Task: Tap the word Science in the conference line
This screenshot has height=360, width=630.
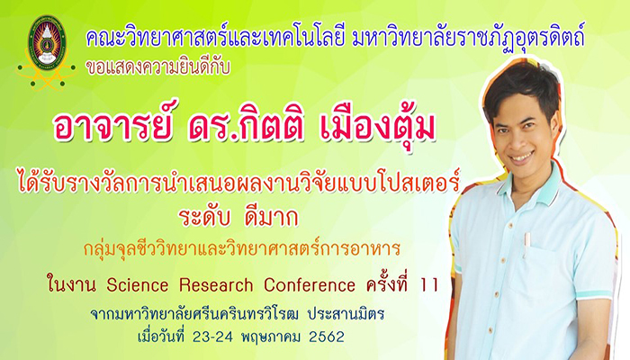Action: point(138,285)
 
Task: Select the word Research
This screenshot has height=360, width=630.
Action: point(216,285)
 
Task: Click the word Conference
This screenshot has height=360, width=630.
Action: point(310,285)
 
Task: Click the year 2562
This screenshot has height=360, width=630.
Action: point(327,337)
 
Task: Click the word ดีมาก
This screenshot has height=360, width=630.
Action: point(271,218)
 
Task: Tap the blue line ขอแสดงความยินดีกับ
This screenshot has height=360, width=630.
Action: point(157,67)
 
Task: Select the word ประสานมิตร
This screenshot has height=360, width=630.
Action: point(346,313)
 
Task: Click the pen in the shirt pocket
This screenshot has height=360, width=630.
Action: point(526,244)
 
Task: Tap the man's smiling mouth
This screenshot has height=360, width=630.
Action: point(522,157)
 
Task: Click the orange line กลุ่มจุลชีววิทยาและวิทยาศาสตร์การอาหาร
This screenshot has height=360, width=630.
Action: point(242,248)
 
